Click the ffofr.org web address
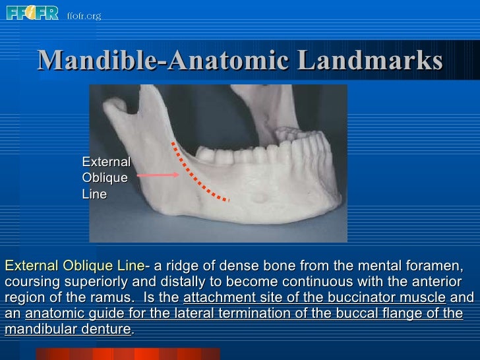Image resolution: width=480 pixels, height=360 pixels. [84, 15]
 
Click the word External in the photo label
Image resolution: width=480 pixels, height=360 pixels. [105, 162]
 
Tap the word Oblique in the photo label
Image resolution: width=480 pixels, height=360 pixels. [104, 178]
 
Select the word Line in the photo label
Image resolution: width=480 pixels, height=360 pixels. [94, 195]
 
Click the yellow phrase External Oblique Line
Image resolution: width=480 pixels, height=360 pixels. [75, 266]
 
